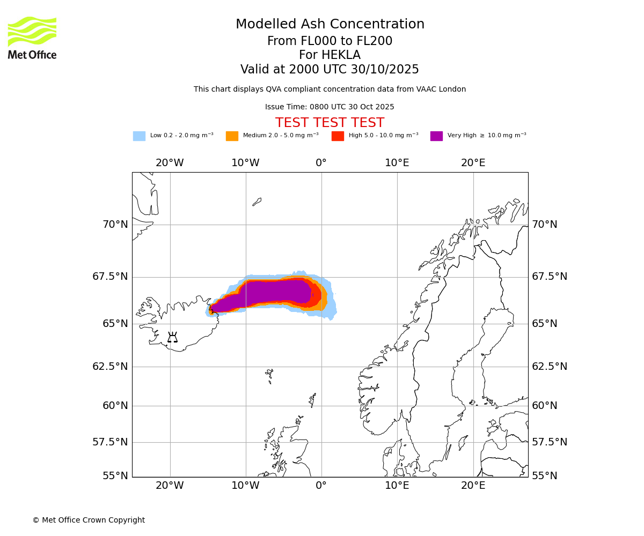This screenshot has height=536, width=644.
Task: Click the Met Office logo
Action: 32,38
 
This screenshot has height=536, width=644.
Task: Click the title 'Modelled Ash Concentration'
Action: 330,25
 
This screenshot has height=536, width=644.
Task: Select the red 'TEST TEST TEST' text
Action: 330,123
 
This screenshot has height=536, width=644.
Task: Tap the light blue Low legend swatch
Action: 139,136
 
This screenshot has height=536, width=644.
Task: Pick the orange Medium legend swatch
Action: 232,136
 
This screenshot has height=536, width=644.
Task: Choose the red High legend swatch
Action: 338,136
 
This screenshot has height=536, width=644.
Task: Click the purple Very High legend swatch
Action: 436,136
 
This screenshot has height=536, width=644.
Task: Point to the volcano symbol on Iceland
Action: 172,338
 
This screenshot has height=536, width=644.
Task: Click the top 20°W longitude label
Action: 170,163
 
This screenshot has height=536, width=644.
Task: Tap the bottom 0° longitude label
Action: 321,486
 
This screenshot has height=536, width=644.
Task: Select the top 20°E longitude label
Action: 473,163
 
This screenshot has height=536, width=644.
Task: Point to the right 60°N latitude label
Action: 545,406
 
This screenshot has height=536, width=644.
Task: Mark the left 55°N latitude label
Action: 115,476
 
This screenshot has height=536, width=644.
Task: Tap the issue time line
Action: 330,107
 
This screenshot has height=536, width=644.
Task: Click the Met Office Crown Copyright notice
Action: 89,520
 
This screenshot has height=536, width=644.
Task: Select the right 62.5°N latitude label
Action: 550,367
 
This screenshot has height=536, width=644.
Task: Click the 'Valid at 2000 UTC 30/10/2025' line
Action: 330,70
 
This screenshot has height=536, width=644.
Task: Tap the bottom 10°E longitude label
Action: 397,486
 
